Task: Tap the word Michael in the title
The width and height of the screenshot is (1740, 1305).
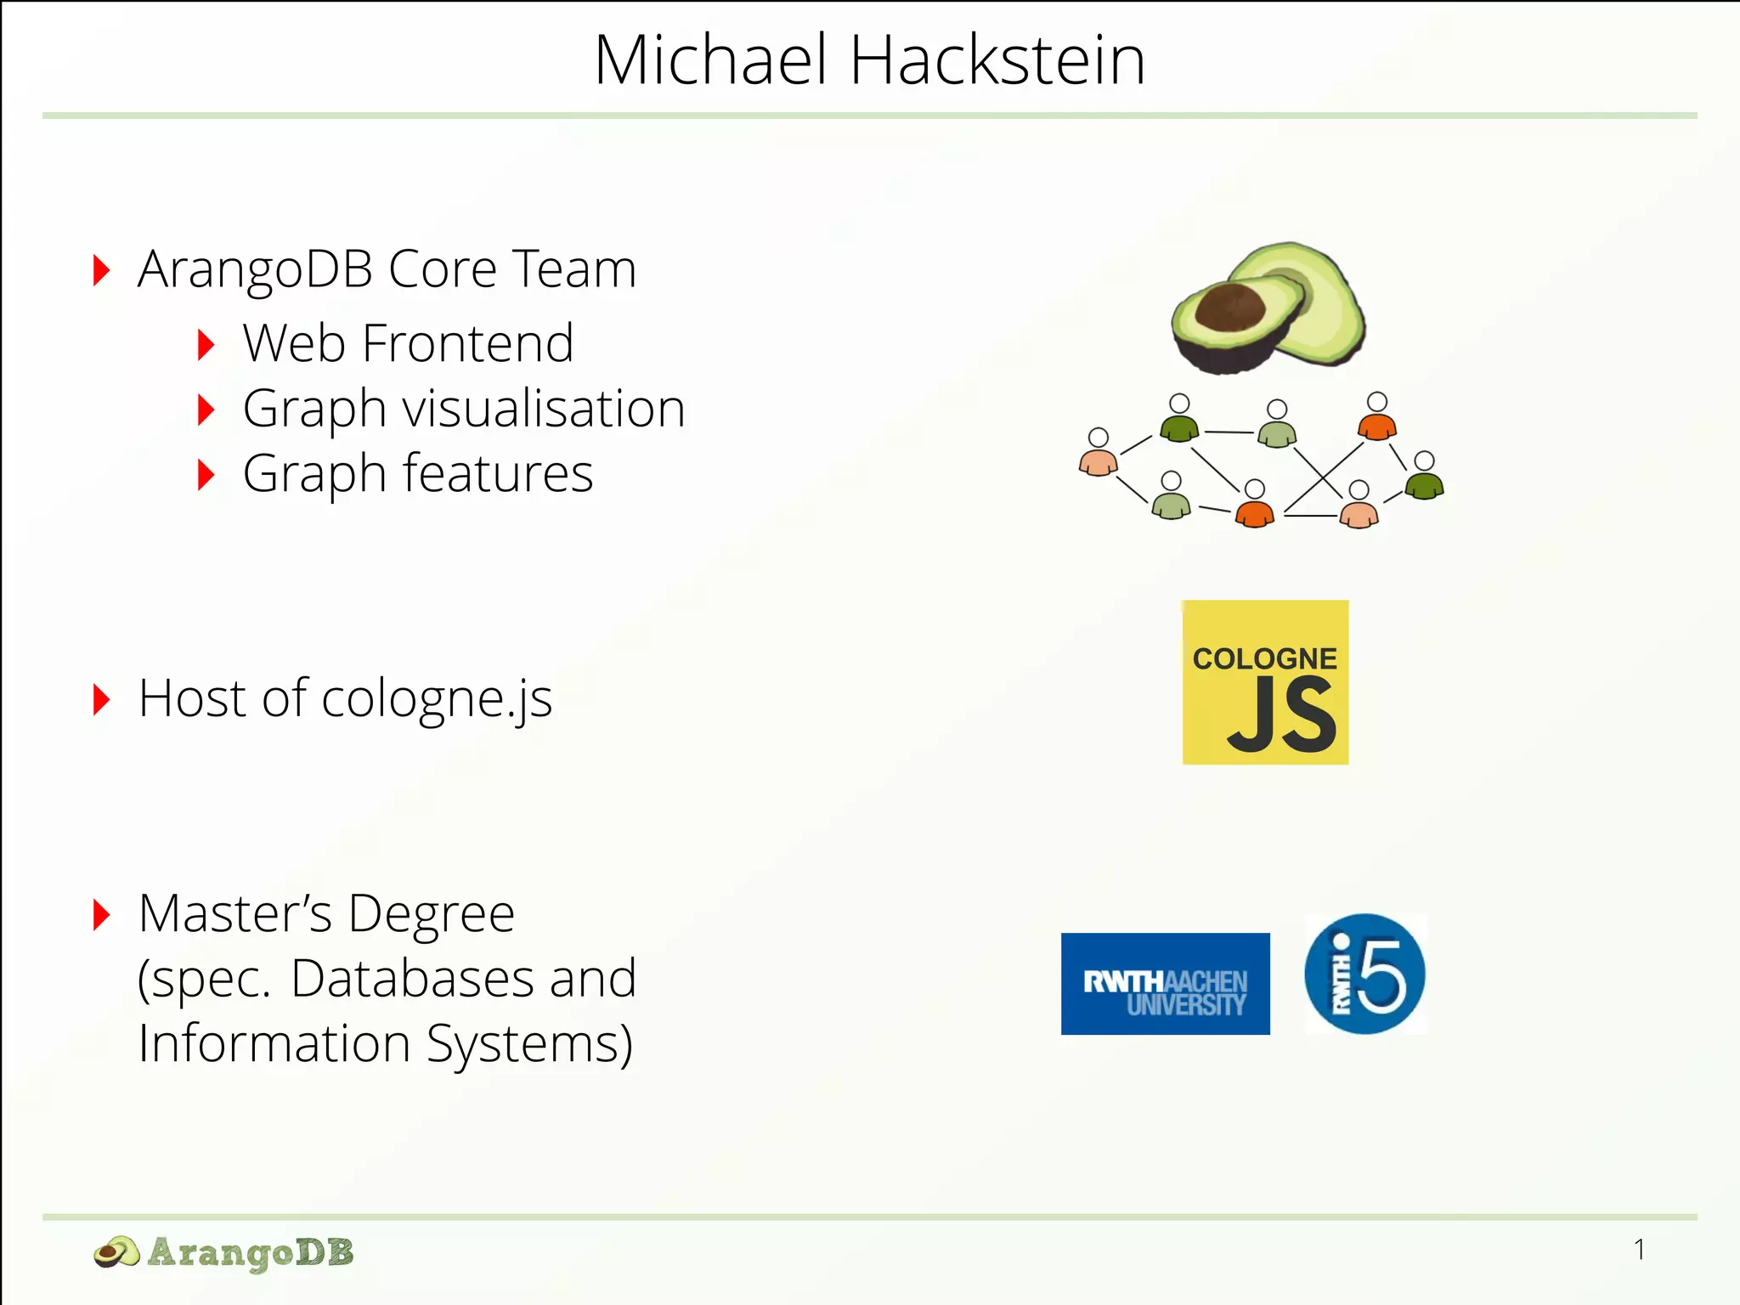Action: [710, 60]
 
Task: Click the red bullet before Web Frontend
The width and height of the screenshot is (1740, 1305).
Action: [205, 345]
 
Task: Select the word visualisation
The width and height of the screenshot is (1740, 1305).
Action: [544, 409]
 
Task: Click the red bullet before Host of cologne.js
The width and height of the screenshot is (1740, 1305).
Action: [101, 699]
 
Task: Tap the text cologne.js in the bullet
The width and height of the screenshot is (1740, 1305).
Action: [437, 699]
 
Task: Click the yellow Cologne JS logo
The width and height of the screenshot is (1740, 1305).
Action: [1265, 682]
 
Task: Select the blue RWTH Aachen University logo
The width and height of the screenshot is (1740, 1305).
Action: [1165, 984]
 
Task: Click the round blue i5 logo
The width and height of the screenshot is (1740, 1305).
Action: [1364, 974]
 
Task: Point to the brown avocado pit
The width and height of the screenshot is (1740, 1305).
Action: [1229, 306]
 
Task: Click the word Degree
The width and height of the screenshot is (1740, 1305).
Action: [431, 914]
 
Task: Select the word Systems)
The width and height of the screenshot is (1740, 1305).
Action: [529, 1043]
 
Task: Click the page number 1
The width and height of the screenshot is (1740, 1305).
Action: [1639, 1250]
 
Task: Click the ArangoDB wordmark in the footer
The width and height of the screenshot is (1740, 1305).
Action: [251, 1252]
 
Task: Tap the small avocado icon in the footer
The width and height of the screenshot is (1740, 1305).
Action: [116, 1252]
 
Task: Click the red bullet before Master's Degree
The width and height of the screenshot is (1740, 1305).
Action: [101, 915]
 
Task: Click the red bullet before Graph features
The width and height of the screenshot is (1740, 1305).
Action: [205, 475]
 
